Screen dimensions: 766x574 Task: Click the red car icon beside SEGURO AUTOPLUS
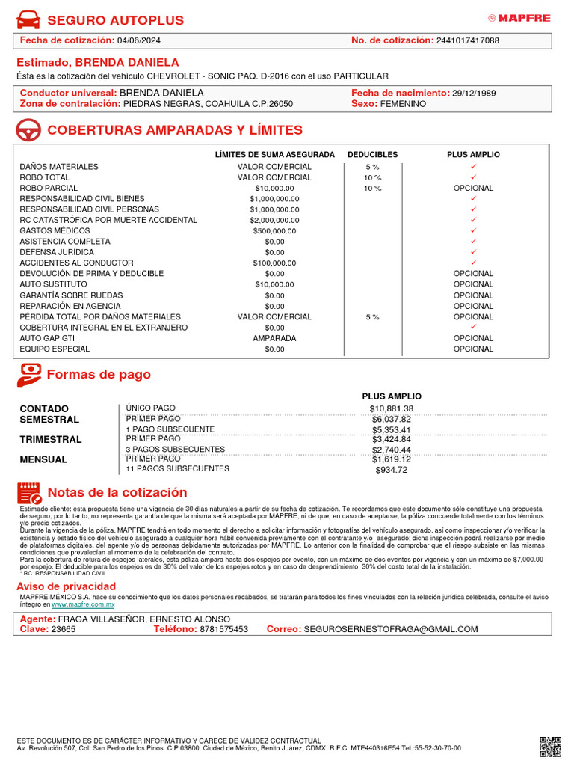[x=28, y=19]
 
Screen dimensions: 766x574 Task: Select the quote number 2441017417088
[x=468, y=40]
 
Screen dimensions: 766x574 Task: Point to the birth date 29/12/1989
[x=474, y=94]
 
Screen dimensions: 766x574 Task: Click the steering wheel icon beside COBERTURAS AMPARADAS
[x=28, y=131]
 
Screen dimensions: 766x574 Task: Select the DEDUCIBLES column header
[x=372, y=155]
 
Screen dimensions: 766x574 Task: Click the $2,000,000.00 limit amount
[x=274, y=221]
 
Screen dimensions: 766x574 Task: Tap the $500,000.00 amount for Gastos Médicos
[x=274, y=231]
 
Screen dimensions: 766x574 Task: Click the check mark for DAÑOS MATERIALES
[x=473, y=166]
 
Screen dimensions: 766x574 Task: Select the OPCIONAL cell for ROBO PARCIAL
[x=473, y=188]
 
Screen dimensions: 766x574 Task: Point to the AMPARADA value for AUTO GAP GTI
[x=274, y=338]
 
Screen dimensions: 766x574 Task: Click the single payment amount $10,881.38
[x=391, y=409]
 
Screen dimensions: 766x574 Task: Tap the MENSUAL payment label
[x=43, y=459]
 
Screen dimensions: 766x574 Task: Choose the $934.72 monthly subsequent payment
[x=391, y=470]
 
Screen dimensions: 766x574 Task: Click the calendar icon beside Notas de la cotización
[x=29, y=494]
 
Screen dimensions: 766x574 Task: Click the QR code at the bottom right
[x=550, y=746]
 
